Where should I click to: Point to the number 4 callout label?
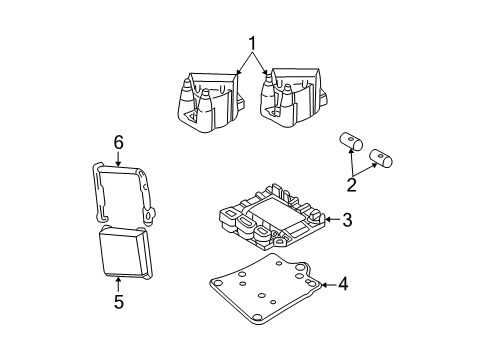[x=342, y=284]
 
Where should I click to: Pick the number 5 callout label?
[x=118, y=303]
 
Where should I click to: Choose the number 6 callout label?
[x=118, y=144]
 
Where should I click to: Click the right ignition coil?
[x=291, y=94]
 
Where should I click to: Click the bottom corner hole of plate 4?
[x=259, y=319]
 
